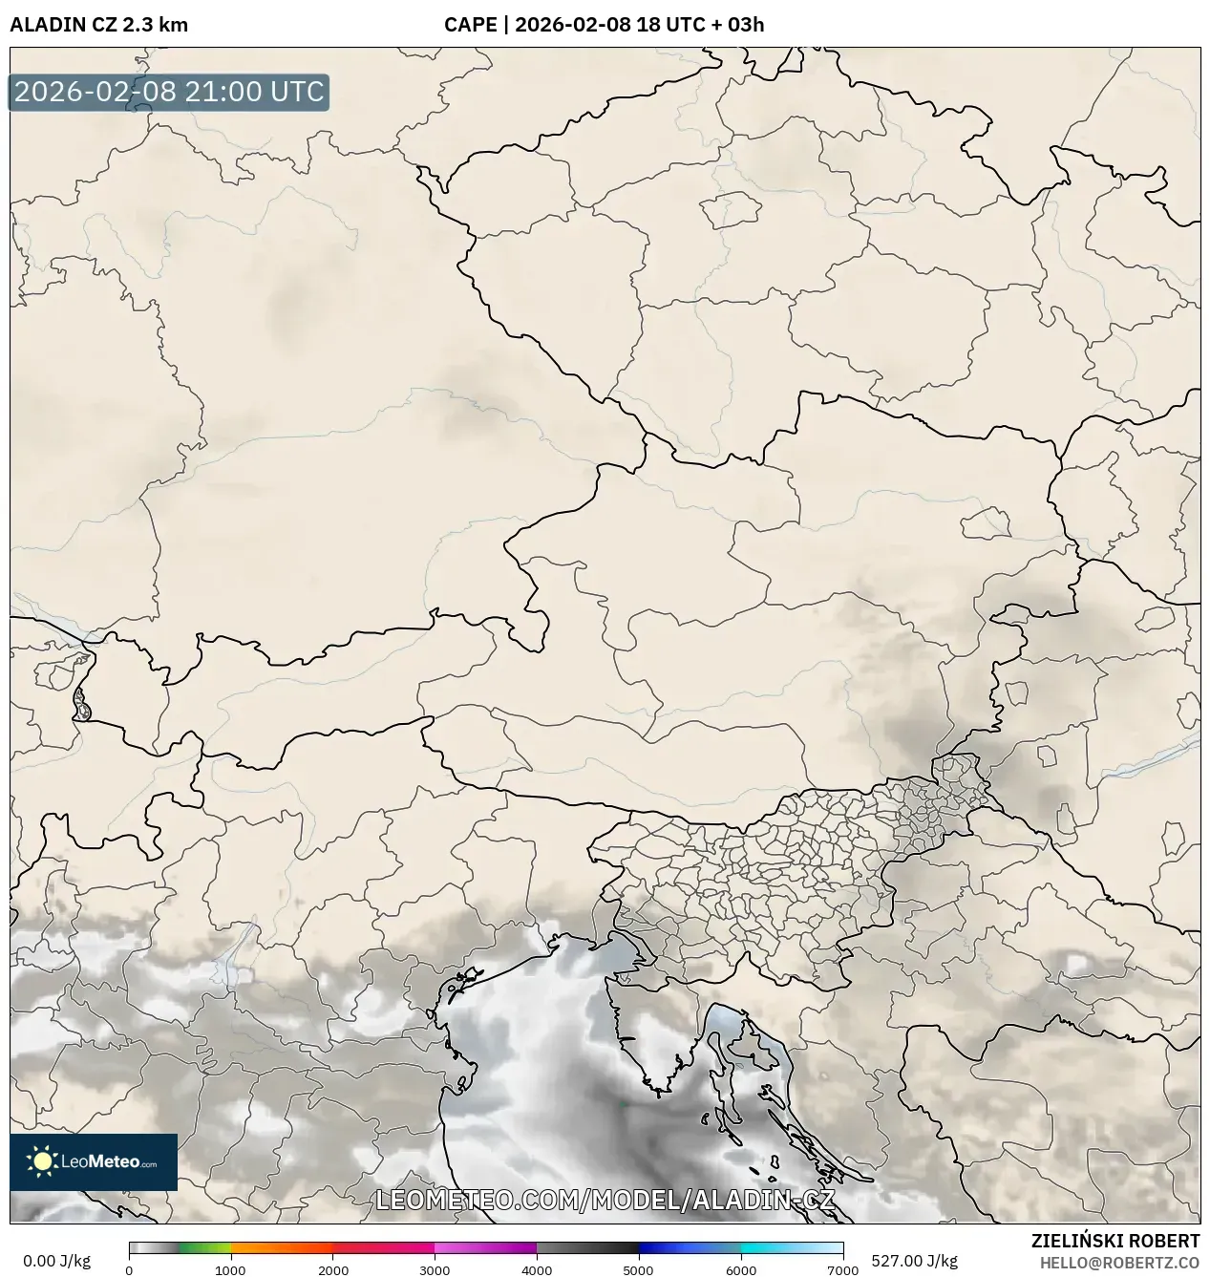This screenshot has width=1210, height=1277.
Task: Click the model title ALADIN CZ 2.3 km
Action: (x=98, y=25)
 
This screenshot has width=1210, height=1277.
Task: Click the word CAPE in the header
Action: (x=470, y=25)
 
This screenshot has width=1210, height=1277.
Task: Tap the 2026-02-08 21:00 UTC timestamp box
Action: (x=169, y=93)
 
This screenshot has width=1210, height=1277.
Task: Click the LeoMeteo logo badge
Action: (x=94, y=1161)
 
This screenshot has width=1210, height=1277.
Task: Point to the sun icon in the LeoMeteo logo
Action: (x=42, y=1161)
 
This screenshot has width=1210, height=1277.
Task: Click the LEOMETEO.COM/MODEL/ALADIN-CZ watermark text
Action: (x=605, y=1200)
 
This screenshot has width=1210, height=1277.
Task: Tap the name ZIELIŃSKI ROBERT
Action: (x=1114, y=1241)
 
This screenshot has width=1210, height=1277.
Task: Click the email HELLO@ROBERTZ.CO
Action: (x=1119, y=1262)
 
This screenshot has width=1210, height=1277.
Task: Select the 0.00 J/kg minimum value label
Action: (x=56, y=1261)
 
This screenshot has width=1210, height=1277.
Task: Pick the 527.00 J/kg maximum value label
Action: (x=902, y=1261)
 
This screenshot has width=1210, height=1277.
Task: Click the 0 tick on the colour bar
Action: (x=130, y=1270)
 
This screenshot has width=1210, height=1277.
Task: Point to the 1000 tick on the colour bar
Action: (x=230, y=1270)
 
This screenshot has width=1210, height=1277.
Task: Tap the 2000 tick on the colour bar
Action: (x=332, y=1270)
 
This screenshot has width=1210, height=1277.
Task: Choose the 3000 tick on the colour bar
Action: (x=435, y=1270)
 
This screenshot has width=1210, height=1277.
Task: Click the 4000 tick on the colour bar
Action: (x=537, y=1270)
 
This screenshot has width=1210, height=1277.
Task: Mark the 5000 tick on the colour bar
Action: (x=638, y=1270)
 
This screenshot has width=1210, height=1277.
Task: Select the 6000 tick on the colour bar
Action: (x=740, y=1270)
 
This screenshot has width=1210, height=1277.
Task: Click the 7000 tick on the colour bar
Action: (x=842, y=1270)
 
